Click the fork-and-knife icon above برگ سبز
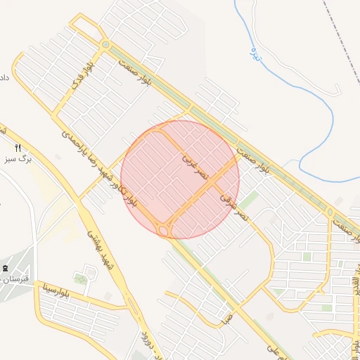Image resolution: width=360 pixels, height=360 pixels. click(18, 148)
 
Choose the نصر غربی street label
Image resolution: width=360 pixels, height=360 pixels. click(195, 164)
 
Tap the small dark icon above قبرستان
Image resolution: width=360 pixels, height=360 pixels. click(6, 269)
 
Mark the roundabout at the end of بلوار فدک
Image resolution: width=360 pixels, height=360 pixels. click(105, 45)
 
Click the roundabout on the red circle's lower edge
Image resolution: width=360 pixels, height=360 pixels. click(165, 230)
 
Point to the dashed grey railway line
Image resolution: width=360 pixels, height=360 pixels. click(339, 35)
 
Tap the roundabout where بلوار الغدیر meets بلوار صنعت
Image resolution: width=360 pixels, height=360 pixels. click(330, 212)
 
